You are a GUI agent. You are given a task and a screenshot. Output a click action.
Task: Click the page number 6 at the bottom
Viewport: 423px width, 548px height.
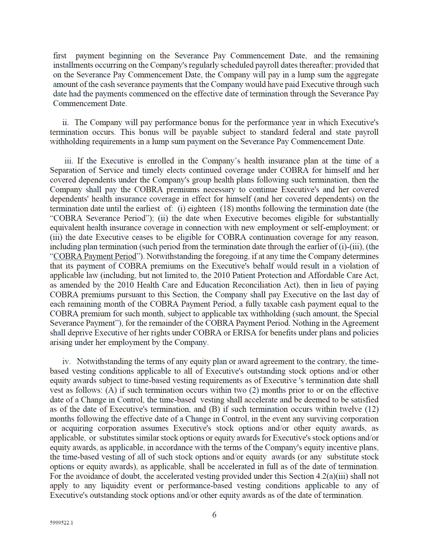214,515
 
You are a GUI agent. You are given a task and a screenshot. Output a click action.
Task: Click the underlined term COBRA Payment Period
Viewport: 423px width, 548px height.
95,256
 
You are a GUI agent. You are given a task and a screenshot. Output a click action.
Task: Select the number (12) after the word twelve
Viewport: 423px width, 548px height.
372,409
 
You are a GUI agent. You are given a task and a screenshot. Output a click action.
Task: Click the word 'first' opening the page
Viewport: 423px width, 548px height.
60,56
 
